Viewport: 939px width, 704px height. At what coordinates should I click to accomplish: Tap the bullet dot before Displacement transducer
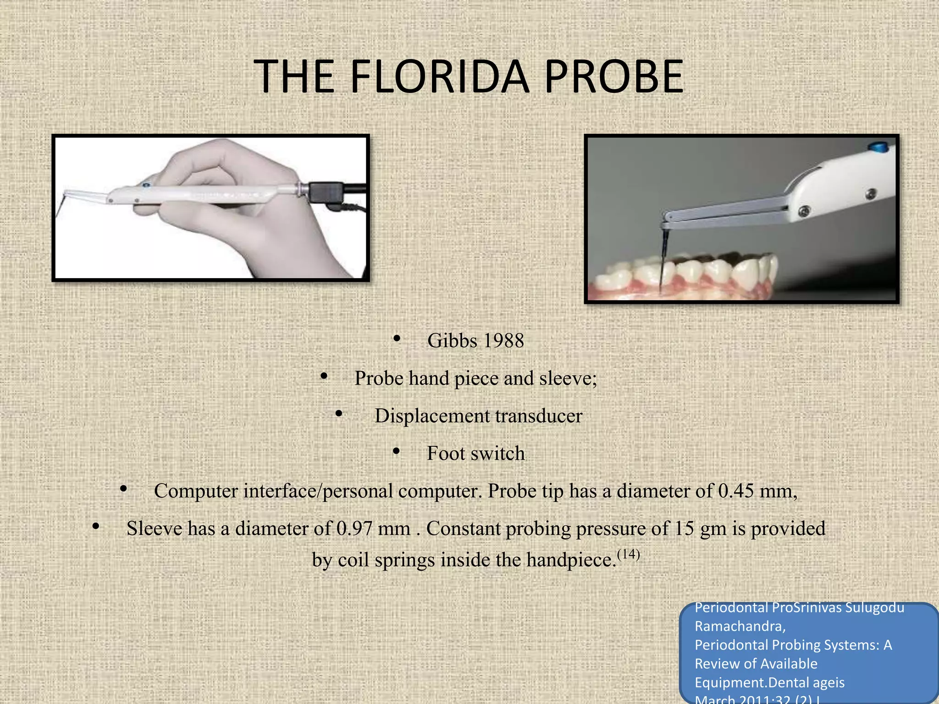pos(338,414)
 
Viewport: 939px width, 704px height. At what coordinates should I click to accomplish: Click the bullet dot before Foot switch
pos(397,452)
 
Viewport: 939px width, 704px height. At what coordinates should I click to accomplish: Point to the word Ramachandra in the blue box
pos(740,626)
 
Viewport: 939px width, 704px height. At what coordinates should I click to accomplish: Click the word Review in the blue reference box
pos(717,664)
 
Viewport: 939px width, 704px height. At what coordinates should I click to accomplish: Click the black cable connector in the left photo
pos(326,192)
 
